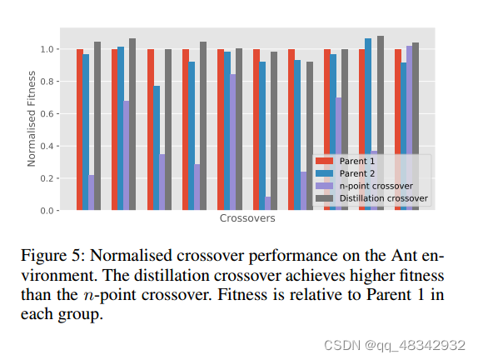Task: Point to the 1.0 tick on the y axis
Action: click(x=48, y=50)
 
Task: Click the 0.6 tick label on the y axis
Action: click(x=48, y=114)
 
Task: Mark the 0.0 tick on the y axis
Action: click(x=48, y=211)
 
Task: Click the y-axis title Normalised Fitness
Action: click(x=32, y=120)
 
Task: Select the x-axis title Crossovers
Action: click(x=247, y=219)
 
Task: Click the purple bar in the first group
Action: click(x=92, y=192)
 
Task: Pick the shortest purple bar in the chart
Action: click(x=268, y=203)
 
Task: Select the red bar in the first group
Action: click(x=80, y=129)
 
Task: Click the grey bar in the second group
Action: click(x=132, y=124)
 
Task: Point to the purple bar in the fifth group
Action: click(x=232, y=142)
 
